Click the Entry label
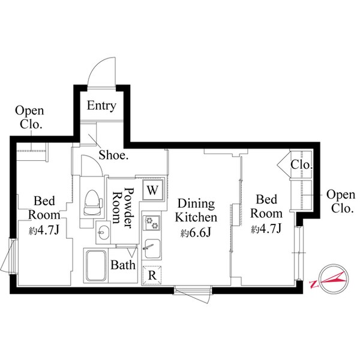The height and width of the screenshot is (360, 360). tap(101, 106)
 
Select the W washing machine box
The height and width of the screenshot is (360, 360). tap(152, 191)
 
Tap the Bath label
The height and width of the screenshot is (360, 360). tap(123, 265)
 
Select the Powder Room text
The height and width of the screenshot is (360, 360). tap(123, 210)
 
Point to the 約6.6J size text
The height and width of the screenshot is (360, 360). tap(196, 233)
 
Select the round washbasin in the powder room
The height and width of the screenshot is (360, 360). tap(101, 232)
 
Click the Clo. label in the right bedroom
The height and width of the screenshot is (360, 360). tap(301, 164)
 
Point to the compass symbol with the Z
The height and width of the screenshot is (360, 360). tap(329, 280)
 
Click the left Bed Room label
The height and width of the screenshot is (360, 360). tap(46, 208)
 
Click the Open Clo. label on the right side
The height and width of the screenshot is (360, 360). tap(340, 202)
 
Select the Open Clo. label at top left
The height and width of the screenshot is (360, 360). tap(28, 118)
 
